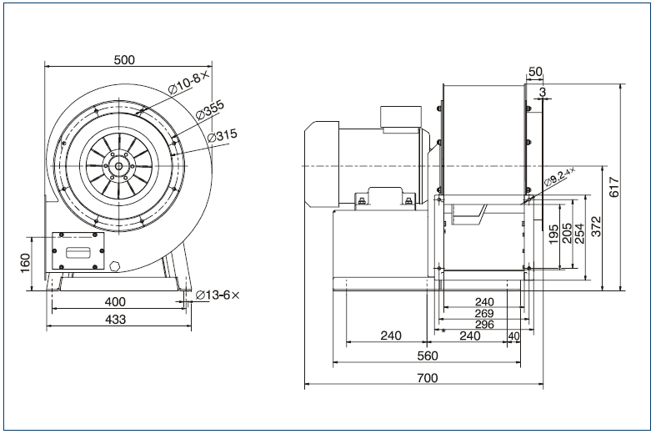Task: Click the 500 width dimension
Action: [123, 60]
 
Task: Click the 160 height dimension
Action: [26, 263]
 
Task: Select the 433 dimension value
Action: [115, 319]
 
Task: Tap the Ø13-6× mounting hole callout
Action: [218, 295]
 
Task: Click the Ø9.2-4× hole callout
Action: [559, 178]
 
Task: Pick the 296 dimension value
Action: [483, 324]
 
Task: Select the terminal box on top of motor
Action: [399, 118]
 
